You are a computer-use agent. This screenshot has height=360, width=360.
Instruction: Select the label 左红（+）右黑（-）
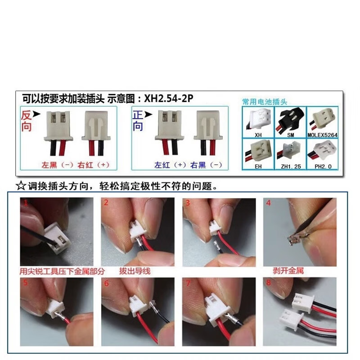188,165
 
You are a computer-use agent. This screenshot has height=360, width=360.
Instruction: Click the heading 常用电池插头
264,102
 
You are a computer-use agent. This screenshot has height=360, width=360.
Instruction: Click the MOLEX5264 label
322,135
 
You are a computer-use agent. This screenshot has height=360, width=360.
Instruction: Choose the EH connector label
258,166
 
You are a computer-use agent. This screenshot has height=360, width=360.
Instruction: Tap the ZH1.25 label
290,166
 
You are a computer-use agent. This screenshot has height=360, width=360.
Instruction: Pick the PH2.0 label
322,166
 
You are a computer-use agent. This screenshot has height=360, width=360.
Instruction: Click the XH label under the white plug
258,135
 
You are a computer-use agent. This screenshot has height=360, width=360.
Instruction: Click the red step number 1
27,203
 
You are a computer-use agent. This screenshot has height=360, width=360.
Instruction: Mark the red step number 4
269,203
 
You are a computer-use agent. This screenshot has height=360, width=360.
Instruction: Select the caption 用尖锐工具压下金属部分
62,271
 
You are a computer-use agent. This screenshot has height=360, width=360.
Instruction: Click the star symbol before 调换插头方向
20,185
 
